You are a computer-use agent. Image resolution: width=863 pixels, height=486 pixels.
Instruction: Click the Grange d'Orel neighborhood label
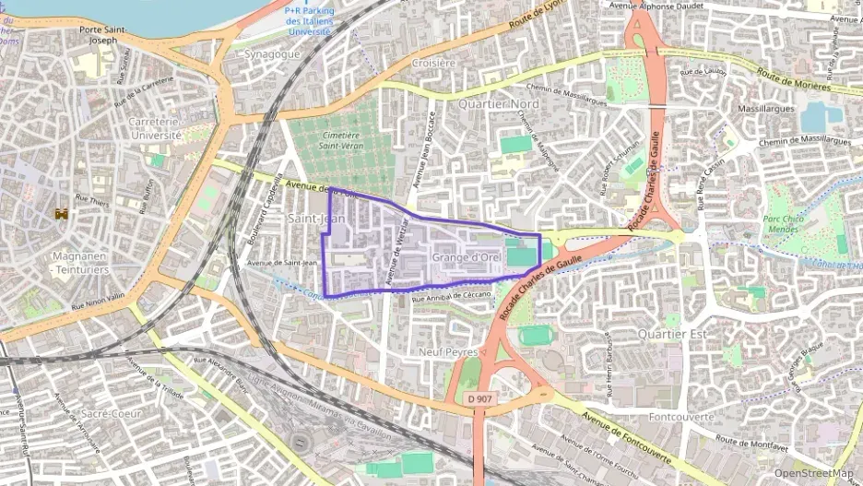(466, 257)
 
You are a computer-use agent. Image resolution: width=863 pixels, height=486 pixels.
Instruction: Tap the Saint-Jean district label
(316, 219)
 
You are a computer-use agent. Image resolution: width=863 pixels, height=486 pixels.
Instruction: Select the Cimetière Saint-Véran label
(340, 140)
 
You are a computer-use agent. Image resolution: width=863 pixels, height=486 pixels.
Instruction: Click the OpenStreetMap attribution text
(812, 473)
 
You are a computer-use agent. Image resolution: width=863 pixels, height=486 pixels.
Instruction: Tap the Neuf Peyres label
(448, 351)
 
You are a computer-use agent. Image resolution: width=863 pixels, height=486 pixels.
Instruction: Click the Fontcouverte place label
(681, 417)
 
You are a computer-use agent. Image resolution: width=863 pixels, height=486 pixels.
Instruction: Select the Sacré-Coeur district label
(110, 414)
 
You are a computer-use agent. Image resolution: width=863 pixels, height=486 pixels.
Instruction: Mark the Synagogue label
(272, 54)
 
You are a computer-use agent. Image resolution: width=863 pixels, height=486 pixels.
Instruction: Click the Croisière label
(433, 64)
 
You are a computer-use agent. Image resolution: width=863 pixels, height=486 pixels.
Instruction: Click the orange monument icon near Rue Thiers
(62, 213)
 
